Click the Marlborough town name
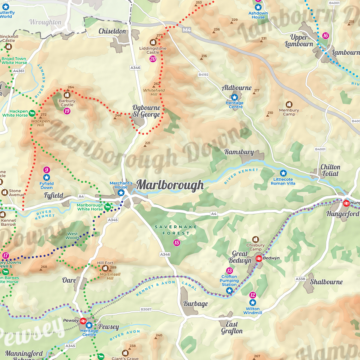[170, 185]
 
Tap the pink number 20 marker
[153, 59]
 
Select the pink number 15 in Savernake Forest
[177, 243]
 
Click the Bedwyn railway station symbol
[258, 258]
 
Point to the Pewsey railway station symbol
[83, 321]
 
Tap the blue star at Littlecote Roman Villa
[283, 173]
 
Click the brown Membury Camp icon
[289, 104]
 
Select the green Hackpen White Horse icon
[32, 113]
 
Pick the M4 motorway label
[186, 29]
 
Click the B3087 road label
[146, 309]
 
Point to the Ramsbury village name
[239, 152]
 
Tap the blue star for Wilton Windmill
[252, 303]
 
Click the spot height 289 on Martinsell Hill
[113, 268]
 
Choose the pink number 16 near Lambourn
[325, 36]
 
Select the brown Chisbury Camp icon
[255, 239]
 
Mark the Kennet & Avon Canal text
[161, 288]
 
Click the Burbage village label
[195, 303]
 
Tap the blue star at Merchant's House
[121, 193]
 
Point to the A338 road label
[300, 279]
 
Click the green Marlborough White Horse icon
[108, 207]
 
